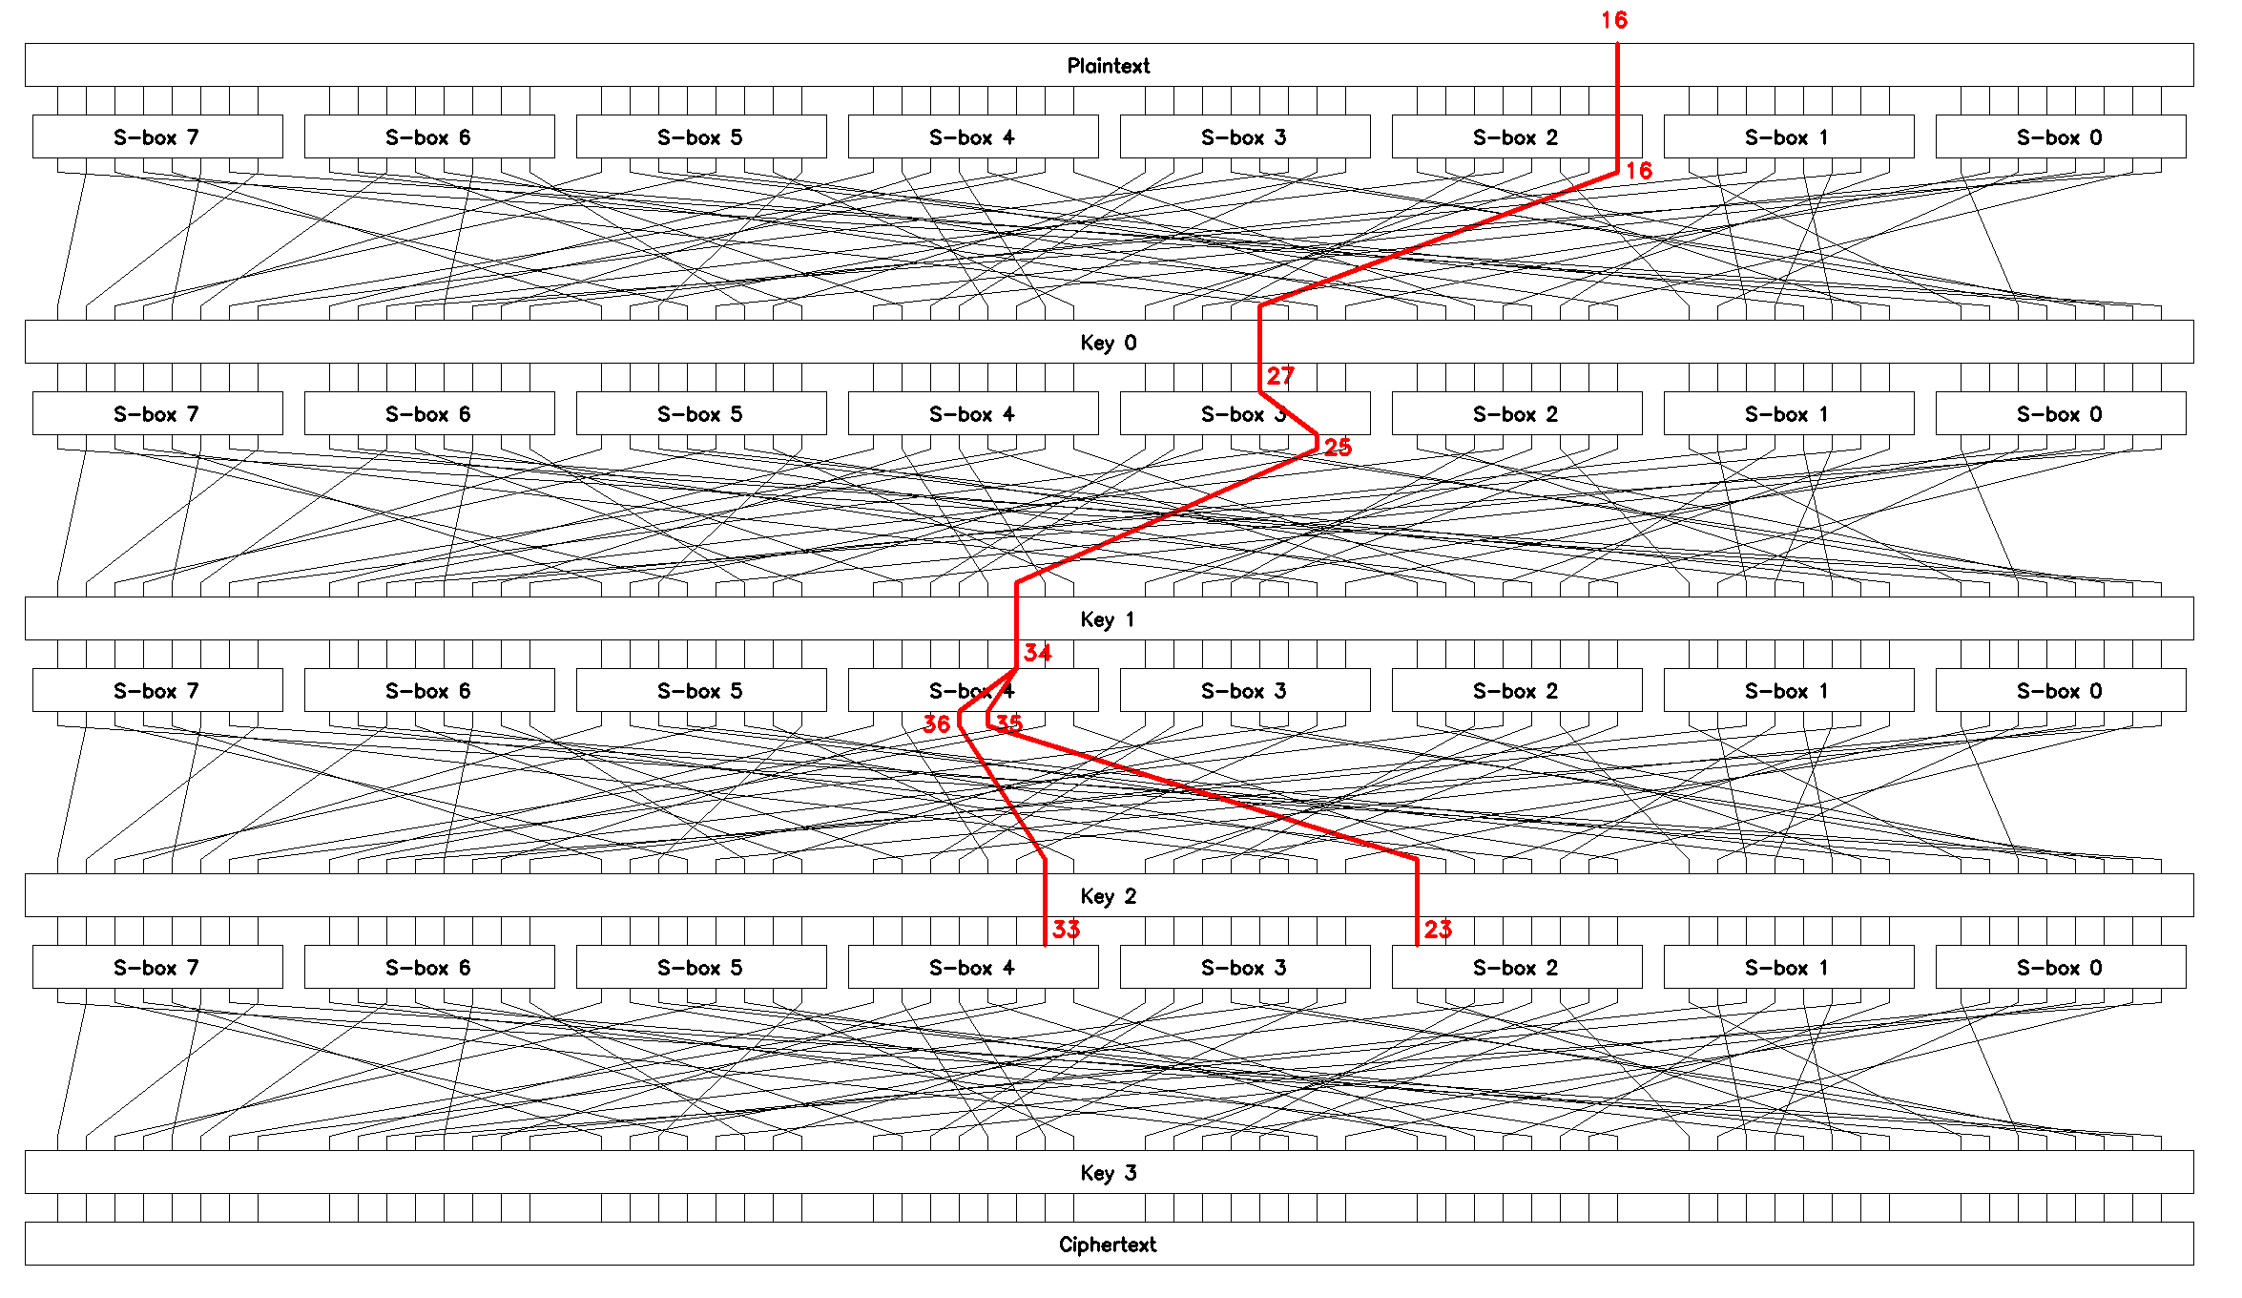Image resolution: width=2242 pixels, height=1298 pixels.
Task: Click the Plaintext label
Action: click(x=1108, y=66)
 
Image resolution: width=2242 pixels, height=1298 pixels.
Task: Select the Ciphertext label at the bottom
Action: click(x=1107, y=1245)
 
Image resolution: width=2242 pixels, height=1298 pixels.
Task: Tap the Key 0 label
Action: click(x=1108, y=343)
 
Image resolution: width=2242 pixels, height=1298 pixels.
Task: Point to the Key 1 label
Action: click(x=1107, y=619)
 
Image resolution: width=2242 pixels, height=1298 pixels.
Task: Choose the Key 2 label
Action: click(x=1108, y=896)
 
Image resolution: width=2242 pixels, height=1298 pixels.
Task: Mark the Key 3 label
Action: click(x=1108, y=1173)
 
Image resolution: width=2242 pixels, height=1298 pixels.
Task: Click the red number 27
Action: click(x=1280, y=376)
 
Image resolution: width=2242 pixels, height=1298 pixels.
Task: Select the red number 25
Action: click(x=1338, y=448)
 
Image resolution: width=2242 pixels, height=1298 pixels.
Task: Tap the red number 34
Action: click(x=1037, y=653)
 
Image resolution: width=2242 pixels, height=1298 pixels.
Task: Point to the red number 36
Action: click(x=936, y=724)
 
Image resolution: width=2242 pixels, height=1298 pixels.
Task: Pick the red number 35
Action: click(x=1009, y=723)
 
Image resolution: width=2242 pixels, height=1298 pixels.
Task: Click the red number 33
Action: click(x=1066, y=930)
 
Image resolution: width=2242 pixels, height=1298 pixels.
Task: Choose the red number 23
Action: click(x=1438, y=930)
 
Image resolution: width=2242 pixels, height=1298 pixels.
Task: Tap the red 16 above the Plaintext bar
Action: click(x=1614, y=20)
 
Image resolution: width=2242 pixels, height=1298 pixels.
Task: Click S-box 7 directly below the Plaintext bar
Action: click(x=156, y=137)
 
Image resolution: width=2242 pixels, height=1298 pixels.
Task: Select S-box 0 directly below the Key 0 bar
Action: click(x=2059, y=414)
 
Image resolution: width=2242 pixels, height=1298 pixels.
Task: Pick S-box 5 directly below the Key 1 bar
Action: click(x=699, y=691)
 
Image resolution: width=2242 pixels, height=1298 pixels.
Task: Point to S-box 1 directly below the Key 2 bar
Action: click(x=1787, y=968)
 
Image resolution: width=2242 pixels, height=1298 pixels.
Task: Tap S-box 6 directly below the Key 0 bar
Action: click(x=428, y=414)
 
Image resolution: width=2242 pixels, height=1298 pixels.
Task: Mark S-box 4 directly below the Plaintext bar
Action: click(x=972, y=137)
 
